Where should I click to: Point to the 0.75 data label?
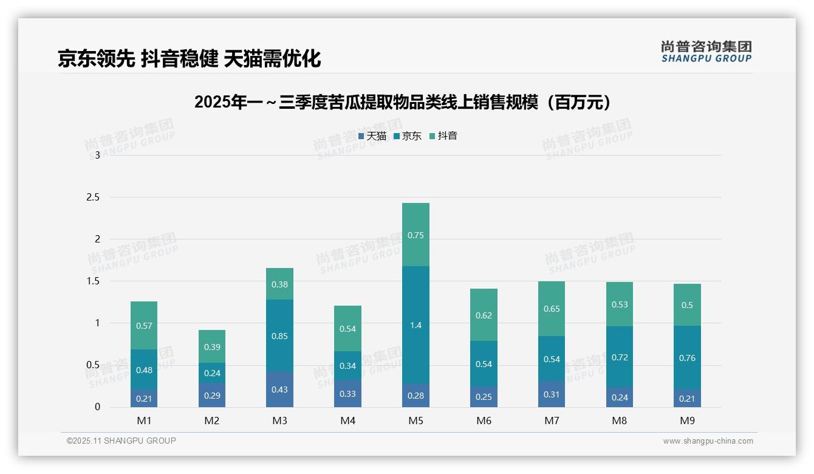tap(416, 235)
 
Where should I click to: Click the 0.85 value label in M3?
tap(279, 336)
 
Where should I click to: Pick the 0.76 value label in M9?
tap(687, 358)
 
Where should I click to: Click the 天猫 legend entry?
tap(372, 136)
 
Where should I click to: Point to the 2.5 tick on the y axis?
tap(94, 197)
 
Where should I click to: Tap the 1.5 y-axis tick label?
tap(94, 281)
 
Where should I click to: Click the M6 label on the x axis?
tap(484, 421)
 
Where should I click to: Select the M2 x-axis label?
tap(212, 421)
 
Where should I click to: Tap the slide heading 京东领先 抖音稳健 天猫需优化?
tap(189, 58)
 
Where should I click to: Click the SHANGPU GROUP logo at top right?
tap(706, 52)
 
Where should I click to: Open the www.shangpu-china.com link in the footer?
tap(708, 441)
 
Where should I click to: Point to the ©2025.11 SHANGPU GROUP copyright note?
tap(121, 441)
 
